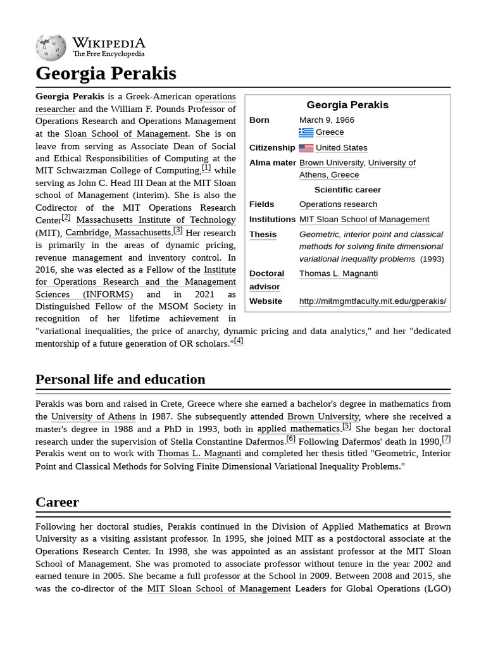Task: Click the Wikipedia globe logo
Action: [x=51, y=47]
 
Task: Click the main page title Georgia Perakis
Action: [x=106, y=73]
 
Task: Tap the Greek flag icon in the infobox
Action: [x=306, y=132]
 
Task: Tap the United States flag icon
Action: [x=306, y=148]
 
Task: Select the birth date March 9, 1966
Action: [x=327, y=120]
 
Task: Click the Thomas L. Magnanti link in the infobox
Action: [x=338, y=273]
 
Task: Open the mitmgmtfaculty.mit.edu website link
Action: [x=372, y=301]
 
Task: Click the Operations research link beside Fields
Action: [x=338, y=204]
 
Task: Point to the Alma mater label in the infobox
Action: [x=272, y=163]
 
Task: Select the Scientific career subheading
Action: [x=347, y=190]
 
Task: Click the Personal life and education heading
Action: [x=120, y=379]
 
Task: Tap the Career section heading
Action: [x=57, y=502]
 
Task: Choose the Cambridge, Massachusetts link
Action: [x=118, y=233]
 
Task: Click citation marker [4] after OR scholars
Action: [x=239, y=341]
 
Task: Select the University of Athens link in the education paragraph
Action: [x=93, y=416]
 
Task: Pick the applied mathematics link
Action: [x=299, y=429]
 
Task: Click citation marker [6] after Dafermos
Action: [x=290, y=439]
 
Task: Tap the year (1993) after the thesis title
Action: [x=432, y=259]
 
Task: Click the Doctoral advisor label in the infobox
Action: [x=266, y=280]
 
